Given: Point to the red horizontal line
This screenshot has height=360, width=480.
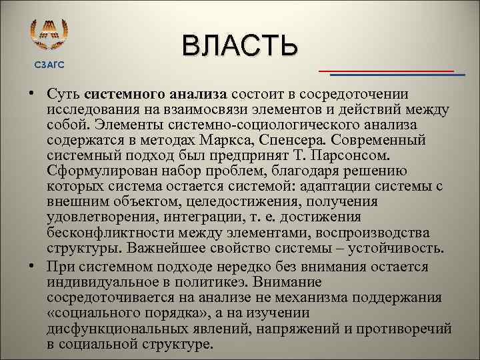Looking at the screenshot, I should (386, 70).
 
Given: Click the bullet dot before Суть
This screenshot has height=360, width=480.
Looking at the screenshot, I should (31, 95).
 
